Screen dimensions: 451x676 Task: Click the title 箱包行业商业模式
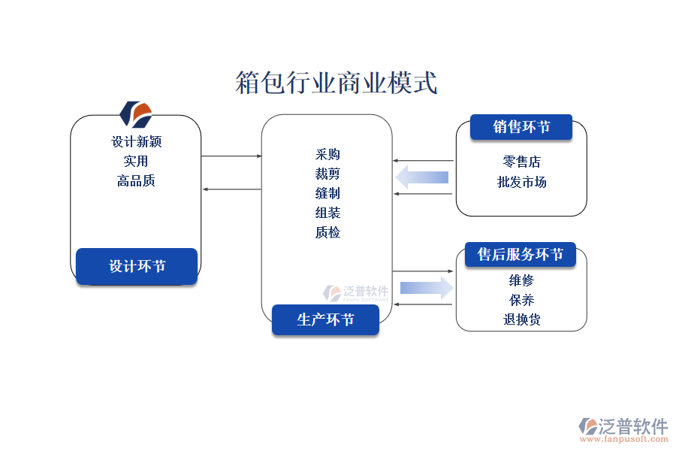pos(336,83)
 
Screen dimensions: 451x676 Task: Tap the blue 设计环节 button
pos(137,266)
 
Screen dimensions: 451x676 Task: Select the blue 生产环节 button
pos(325,319)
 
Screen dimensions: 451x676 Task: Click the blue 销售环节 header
pos(521,127)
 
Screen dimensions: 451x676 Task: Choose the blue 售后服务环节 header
pos(521,255)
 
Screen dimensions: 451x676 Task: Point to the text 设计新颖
pos(137,141)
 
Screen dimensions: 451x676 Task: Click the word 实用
pos(136,161)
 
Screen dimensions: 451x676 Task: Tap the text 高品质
pos(136,180)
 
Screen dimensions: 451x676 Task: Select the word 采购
pos(327,154)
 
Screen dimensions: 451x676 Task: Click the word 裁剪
pos(327,174)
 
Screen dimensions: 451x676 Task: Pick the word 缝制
pos(327,193)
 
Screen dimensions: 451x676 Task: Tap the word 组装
pos(327,213)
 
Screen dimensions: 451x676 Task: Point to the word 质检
pos(327,232)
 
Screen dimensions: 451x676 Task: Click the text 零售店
pos(521,162)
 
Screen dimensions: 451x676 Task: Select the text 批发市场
pos(521,182)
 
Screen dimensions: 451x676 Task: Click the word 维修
pos(521,280)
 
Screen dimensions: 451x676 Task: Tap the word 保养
pos(521,300)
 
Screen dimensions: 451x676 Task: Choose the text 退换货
pos(521,319)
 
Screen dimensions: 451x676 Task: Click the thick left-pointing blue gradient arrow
pos(422,177)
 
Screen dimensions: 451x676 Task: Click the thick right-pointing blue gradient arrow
pos(427,287)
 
